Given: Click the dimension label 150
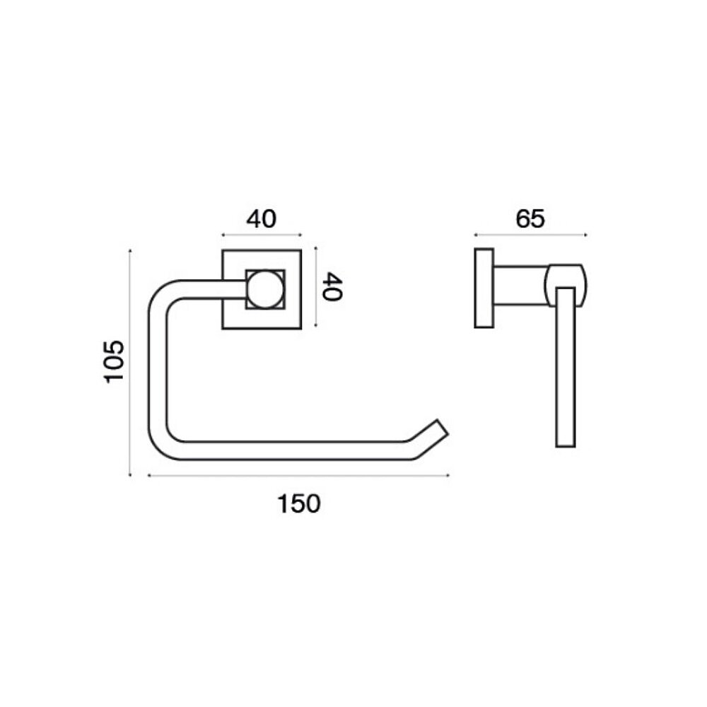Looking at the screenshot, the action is coord(299,504).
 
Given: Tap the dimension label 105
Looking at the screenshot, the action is coord(114,362).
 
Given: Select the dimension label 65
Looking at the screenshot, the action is coord(530,218).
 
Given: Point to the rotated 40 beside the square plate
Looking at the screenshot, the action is coord(333,286).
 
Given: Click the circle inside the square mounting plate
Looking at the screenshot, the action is coord(265,289).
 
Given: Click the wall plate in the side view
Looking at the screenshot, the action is coord(484,288).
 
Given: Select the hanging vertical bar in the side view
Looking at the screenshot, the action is coord(566,367).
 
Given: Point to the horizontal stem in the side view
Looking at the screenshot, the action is coord(521,286).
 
